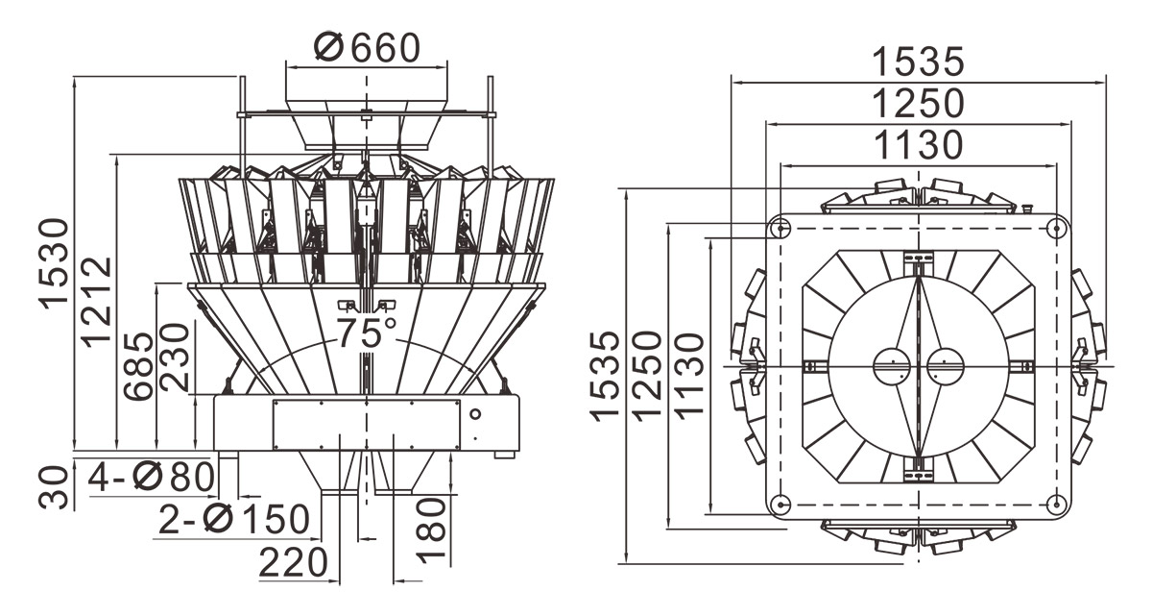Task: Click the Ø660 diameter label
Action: pos(368,47)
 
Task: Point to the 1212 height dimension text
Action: pos(96,300)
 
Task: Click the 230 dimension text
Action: pos(175,357)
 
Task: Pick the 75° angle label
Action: pos(366,333)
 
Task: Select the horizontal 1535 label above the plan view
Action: pos(917,62)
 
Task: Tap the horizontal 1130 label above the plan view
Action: pos(917,145)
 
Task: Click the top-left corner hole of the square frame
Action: pos(780,229)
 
